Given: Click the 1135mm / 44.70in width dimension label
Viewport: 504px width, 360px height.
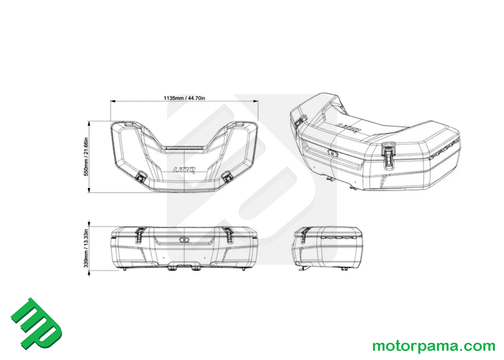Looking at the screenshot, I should pos(184,98).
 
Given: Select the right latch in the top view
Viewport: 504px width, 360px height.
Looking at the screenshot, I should pos(228,176).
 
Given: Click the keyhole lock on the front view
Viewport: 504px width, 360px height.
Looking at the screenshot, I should pos(184,241).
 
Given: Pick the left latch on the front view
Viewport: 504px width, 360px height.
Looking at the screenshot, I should pos(141,235).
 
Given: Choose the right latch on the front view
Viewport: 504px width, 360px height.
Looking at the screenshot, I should pos(228,235).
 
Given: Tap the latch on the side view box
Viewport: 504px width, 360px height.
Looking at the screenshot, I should pos(304,236).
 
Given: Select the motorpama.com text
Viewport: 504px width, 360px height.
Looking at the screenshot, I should pos(433,346).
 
